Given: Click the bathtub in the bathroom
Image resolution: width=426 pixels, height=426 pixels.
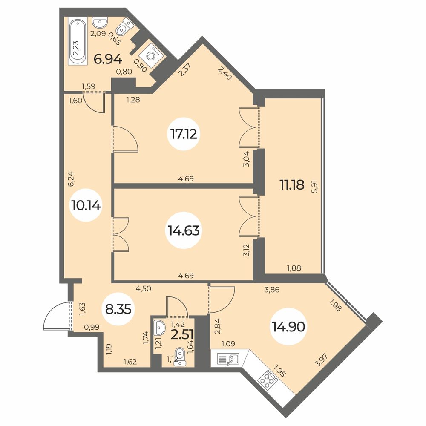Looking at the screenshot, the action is point(78,41).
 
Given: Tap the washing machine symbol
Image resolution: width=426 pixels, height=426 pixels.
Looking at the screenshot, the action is point(150,55).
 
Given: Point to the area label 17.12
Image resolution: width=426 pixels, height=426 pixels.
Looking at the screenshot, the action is point(184,134).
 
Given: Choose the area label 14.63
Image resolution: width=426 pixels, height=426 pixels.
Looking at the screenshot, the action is point(184,230).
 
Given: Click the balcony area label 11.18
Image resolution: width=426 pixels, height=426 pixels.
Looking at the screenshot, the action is point(292,185).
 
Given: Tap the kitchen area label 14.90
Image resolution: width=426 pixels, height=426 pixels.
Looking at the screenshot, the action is point(288,327).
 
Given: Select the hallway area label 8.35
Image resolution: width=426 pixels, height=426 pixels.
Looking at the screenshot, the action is point(118,309).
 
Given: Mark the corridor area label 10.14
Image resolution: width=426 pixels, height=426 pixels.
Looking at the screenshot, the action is point(86,205).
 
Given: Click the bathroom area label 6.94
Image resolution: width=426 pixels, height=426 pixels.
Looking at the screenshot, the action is point(108,59).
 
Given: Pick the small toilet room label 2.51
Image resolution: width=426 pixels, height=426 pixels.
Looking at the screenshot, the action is point(182,335).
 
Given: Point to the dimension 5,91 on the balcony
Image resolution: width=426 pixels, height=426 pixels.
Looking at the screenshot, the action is point(315,187).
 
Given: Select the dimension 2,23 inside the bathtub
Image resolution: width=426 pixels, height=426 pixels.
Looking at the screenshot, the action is point(76,48).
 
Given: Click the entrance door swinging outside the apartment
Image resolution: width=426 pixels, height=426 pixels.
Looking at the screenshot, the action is point(58,316).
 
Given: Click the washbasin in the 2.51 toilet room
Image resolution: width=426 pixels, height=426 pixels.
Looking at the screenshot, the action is point(159,328).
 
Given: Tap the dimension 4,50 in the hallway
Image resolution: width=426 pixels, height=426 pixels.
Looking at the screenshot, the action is point(143,288).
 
